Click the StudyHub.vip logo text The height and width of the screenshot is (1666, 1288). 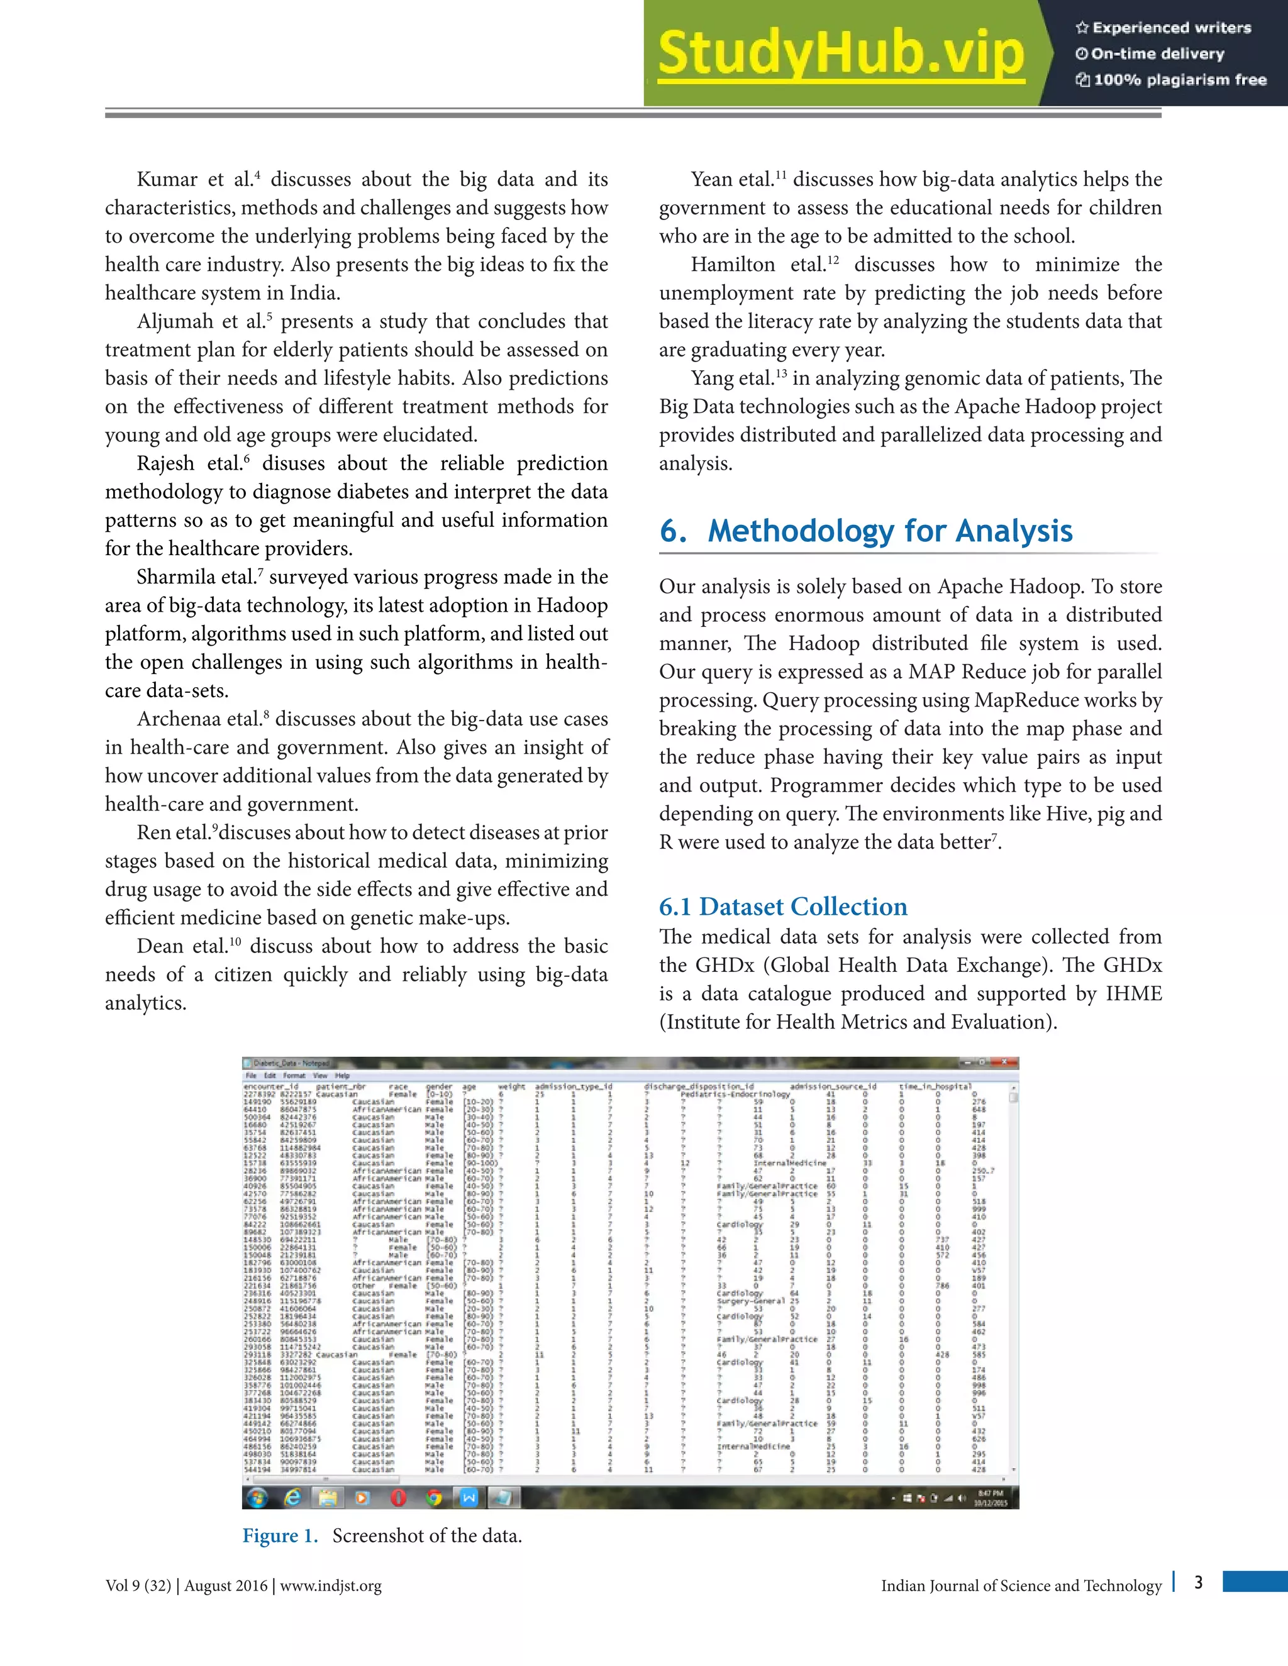(x=841, y=53)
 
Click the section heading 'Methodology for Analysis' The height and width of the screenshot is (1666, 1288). (x=890, y=531)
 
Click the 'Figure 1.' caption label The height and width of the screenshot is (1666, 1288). (x=280, y=1536)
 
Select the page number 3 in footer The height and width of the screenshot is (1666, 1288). (x=1198, y=1582)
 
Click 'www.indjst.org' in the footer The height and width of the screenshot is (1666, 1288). (x=330, y=1586)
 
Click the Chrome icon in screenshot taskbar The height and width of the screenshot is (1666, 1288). (x=434, y=1498)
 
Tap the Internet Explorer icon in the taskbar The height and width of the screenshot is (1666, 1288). (x=292, y=1498)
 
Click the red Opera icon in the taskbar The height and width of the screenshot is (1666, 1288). (x=398, y=1498)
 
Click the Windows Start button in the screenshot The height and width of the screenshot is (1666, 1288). (x=257, y=1498)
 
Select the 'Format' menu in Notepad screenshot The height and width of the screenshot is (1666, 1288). (x=294, y=1076)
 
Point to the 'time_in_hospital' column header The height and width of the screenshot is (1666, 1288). (x=935, y=1086)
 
